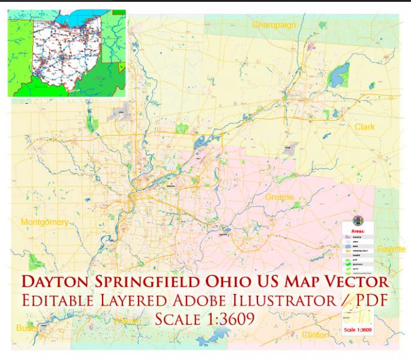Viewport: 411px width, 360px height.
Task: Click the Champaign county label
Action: pos(274,25)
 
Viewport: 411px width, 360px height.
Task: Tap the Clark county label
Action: pos(364,127)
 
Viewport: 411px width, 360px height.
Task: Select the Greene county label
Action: pos(279,197)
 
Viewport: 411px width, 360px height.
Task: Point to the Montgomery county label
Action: pos(44,223)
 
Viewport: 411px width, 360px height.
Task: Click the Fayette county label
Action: pos(392,248)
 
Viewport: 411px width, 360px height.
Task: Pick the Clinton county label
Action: pos(315,335)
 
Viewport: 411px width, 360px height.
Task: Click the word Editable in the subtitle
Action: pos(57,300)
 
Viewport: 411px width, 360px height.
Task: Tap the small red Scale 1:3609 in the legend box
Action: pos(357,329)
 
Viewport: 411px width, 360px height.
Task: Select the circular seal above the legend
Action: pos(359,220)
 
